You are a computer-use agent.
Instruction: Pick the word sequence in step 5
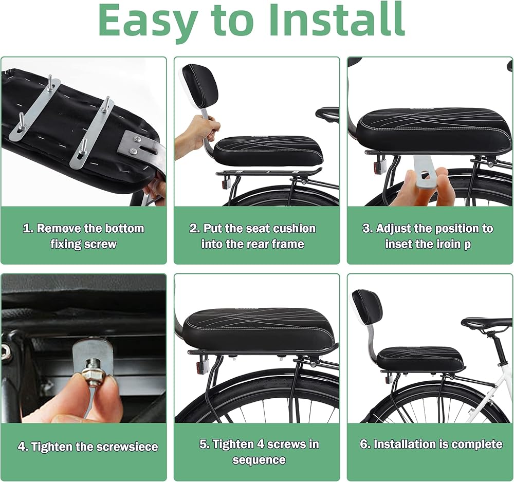pos(259,460)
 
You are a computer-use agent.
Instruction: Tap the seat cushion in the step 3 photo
pos(434,131)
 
